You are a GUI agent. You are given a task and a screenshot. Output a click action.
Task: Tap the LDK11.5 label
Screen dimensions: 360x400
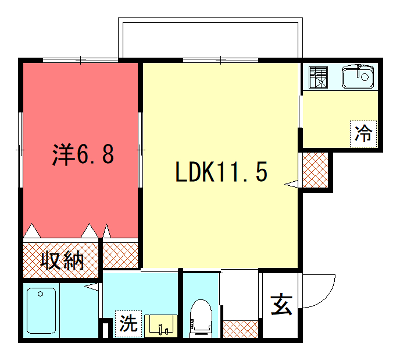(221, 171)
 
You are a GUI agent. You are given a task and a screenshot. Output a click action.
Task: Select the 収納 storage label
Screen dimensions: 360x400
(62, 261)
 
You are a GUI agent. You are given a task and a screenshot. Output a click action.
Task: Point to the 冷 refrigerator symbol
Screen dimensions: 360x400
(361, 132)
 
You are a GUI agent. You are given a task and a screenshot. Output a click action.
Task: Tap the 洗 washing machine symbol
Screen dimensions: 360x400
(128, 323)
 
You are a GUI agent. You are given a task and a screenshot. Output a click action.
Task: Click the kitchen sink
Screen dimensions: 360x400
(357, 77)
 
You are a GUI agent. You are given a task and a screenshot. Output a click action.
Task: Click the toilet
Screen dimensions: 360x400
(200, 317)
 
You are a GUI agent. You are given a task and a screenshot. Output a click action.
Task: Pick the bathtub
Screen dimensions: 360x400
(46, 311)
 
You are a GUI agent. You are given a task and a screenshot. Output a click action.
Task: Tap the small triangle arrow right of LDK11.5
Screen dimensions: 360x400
(292, 182)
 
